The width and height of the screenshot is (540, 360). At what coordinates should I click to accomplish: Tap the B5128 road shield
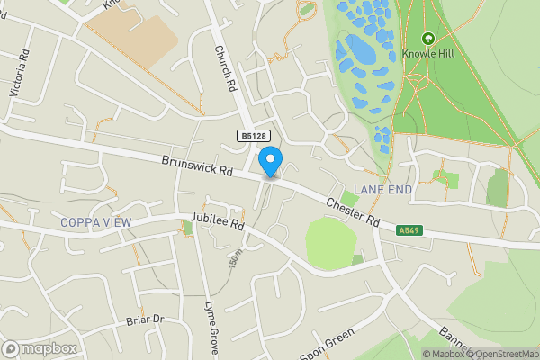[x=254, y=135]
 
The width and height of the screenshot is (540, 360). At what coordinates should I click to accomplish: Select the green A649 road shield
[x=409, y=231]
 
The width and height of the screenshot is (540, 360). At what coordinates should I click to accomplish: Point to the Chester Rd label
[x=354, y=212]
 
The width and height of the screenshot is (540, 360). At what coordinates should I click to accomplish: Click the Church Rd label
[x=224, y=69]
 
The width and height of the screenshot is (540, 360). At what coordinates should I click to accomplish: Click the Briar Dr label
[x=145, y=319]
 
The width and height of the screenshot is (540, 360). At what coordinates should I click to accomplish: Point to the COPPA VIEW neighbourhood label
[x=95, y=222]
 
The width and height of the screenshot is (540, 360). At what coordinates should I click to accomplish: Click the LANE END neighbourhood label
[x=382, y=189]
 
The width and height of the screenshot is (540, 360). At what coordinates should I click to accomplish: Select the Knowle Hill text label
[x=427, y=53]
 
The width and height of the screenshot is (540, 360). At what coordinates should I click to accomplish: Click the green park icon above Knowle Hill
[x=427, y=39]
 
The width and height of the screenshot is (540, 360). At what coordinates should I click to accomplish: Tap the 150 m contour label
[x=236, y=257]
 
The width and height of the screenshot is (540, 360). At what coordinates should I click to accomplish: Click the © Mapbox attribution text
[x=443, y=354]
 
